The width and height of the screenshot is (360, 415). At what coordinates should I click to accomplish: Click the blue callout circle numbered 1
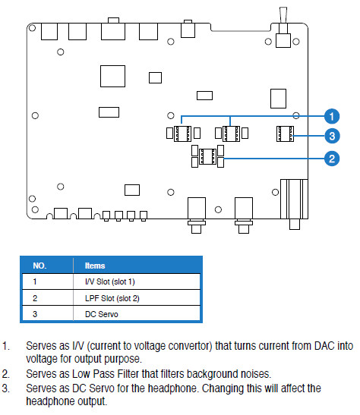(x=332, y=116)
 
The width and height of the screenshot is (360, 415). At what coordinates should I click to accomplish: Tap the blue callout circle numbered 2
(x=332, y=159)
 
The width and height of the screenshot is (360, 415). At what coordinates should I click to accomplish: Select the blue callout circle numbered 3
(x=332, y=136)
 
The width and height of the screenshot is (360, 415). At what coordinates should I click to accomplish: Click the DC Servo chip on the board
(x=285, y=134)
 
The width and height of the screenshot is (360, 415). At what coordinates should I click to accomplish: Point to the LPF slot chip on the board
(x=207, y=156)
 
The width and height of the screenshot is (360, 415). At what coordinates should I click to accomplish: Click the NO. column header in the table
(x=39, y=266)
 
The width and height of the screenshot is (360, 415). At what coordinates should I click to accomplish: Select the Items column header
(x=95, y=266)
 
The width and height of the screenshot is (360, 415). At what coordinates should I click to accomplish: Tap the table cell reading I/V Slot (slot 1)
(x=110, y=281)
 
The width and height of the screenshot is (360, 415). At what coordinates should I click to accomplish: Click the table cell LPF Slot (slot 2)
(x=112, y=298)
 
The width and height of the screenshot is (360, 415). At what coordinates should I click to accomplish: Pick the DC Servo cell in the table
(x=102, y=314)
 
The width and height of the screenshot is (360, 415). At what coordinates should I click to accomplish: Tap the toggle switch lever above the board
(x=283, y=15)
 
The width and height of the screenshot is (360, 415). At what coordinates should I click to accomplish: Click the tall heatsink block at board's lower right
(x=294, y=199)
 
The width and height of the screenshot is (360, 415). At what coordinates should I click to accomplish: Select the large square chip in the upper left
(x=112, y=76)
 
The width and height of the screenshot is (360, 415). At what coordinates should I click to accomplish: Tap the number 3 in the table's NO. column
(x=35, y=314)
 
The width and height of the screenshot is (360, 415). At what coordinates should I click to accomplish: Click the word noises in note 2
(x=256, y=374)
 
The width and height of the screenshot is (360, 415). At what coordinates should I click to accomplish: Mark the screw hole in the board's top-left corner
(x=32, y=27)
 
